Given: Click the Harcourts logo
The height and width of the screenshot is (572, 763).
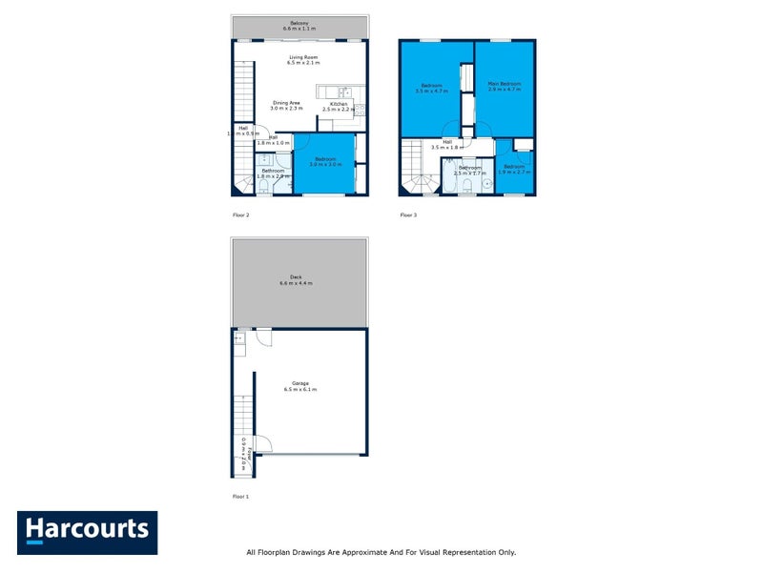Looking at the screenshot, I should tap(87, 532).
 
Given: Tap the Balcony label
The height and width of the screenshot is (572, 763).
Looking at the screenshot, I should tap(300, 23).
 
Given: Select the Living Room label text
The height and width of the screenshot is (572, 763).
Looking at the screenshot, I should tap(303, 57).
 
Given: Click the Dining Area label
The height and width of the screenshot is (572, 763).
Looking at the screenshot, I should tap(286, 103).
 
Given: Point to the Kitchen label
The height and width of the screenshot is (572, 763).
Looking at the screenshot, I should tap(339, 105).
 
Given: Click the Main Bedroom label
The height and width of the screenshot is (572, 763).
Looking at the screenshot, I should tap(505, 84).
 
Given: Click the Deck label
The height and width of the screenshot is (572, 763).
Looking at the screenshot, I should tap(296, 277).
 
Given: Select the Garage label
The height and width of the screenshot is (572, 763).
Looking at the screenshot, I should tap(299, 383).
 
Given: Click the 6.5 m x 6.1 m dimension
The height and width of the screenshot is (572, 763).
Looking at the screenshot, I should tap(299, 390).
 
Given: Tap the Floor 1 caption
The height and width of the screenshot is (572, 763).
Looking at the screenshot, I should tap(240, 497).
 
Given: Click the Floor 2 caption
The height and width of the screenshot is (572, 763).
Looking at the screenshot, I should tap(240, 215).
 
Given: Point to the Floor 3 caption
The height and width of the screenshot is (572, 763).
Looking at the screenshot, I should tap(408, 215).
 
